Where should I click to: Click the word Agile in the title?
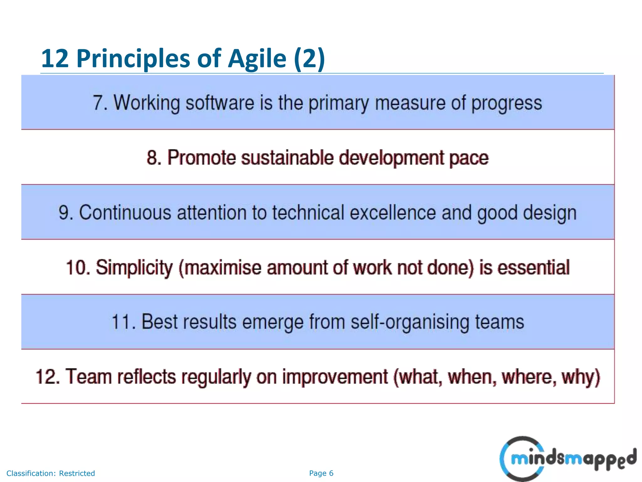coord(257,59)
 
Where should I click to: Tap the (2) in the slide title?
coord(309,59)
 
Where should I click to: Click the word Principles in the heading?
coord(133,59)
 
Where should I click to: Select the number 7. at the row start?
coord(100,103)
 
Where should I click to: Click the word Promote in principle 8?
coord(201,158)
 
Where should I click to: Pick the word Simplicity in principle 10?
coord(134,268)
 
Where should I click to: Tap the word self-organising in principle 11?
coord(409,322)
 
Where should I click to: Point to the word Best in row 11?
coord(159,322)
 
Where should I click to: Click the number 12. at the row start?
coord(47,377)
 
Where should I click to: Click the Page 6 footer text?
coord(321,473)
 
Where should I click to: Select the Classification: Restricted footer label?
coord(50,473)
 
